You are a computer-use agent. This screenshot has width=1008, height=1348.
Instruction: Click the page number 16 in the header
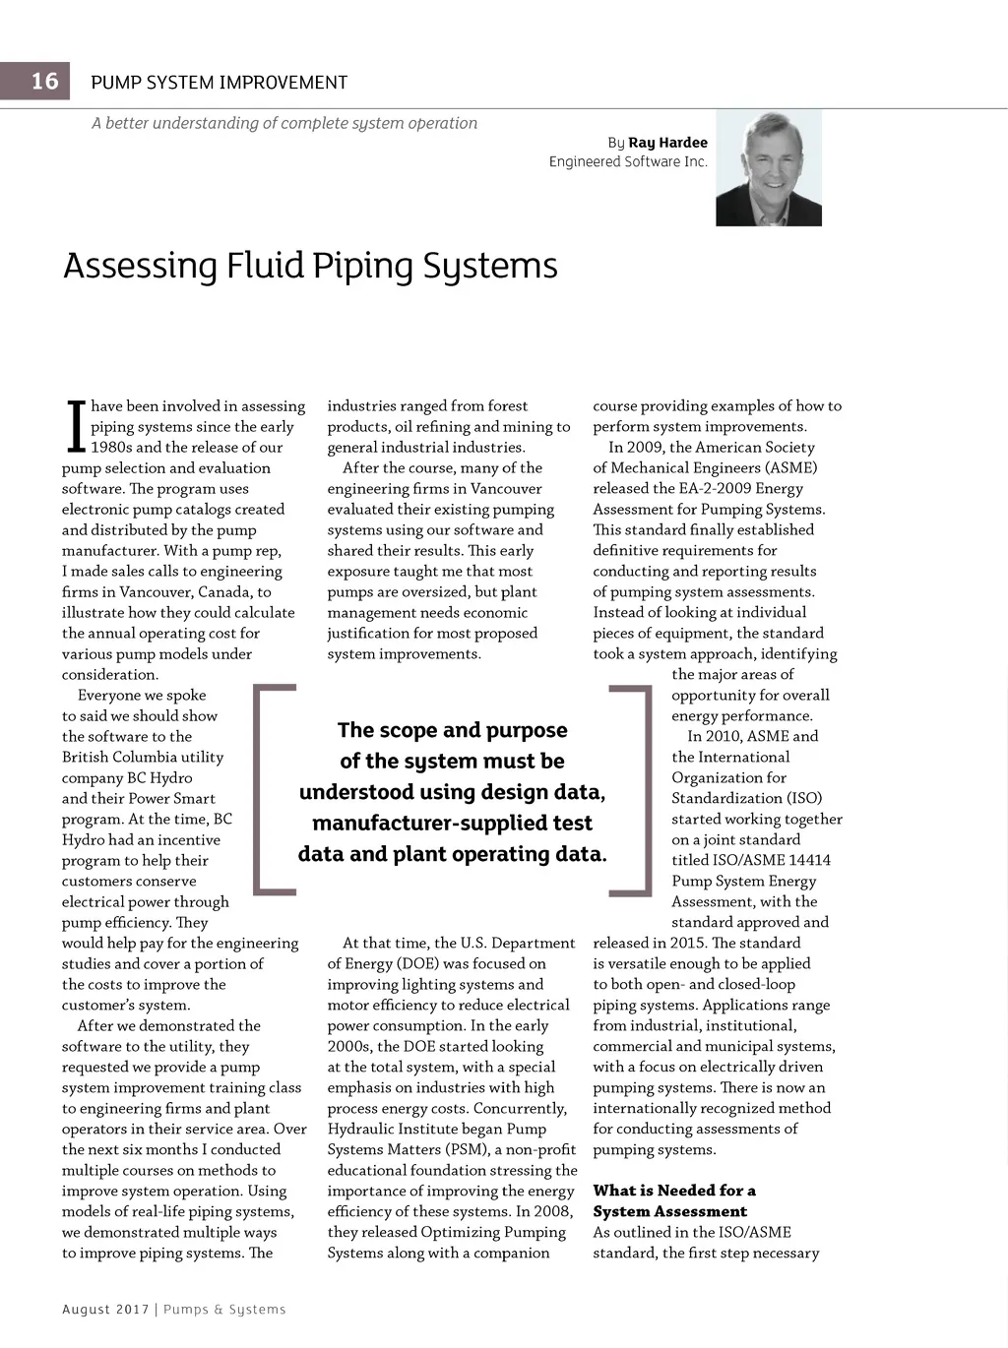[x=44, y=81]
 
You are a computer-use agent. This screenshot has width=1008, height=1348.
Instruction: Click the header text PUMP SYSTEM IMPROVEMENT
[x=219, y=83]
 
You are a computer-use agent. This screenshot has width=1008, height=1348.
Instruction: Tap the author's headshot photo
[x=768, y=168]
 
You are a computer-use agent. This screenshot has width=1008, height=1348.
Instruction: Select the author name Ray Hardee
[x=667, y=143]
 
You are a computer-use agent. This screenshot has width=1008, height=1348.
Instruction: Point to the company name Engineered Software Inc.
[x=628, y=161]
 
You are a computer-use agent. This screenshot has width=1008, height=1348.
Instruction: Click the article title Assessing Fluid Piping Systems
[x=310, y=266]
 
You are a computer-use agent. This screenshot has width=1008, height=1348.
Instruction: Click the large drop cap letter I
[x=75, y=426]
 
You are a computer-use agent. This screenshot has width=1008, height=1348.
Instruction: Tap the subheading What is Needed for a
[x=674, y=1191]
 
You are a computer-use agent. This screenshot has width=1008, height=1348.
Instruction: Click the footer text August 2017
[x=105, y=1310]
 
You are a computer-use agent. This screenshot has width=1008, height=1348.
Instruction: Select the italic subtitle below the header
[x=284, y=123]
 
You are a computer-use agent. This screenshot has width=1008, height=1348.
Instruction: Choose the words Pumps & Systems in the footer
[x=224, y=1310]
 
